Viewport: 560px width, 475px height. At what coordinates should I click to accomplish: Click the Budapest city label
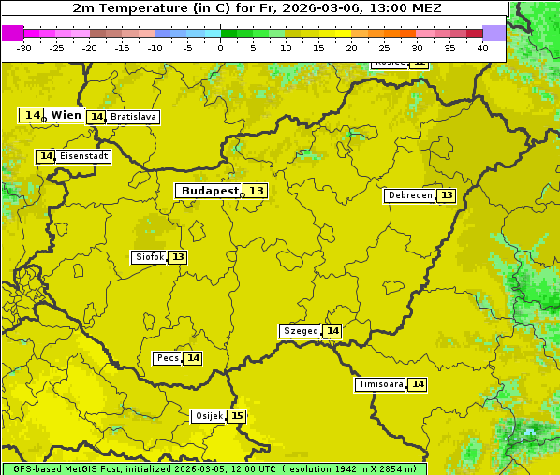210,191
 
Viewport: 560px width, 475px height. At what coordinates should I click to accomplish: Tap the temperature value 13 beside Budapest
257,191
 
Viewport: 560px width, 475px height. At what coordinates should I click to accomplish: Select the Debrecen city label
409,196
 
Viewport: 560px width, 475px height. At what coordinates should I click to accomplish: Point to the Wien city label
66,115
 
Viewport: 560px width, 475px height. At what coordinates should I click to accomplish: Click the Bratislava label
132,117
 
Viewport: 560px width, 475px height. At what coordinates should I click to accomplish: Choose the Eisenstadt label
83,156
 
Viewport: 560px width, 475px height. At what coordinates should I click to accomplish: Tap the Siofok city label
149,257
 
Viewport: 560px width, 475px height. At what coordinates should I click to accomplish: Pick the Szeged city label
301,331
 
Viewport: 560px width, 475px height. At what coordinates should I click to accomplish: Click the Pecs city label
168,358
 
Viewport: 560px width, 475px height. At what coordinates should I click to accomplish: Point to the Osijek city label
209,416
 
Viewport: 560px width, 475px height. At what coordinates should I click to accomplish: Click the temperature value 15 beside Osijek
238,416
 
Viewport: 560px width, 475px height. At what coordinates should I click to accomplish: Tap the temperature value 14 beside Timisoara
418,384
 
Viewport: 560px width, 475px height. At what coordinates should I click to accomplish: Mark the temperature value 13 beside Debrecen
447,196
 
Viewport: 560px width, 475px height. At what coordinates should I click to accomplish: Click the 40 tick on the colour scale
482,48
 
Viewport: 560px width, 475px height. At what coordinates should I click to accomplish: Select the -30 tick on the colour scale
24,48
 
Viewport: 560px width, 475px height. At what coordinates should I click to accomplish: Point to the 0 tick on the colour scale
221,48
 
